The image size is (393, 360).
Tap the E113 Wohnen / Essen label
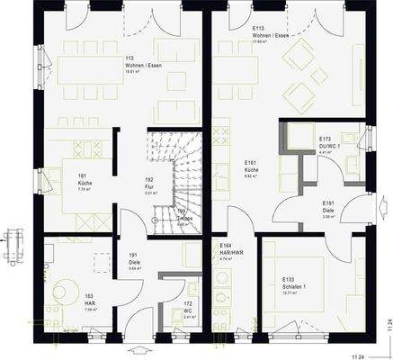tap(271, 34)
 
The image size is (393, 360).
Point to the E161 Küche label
tap(252, 169)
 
